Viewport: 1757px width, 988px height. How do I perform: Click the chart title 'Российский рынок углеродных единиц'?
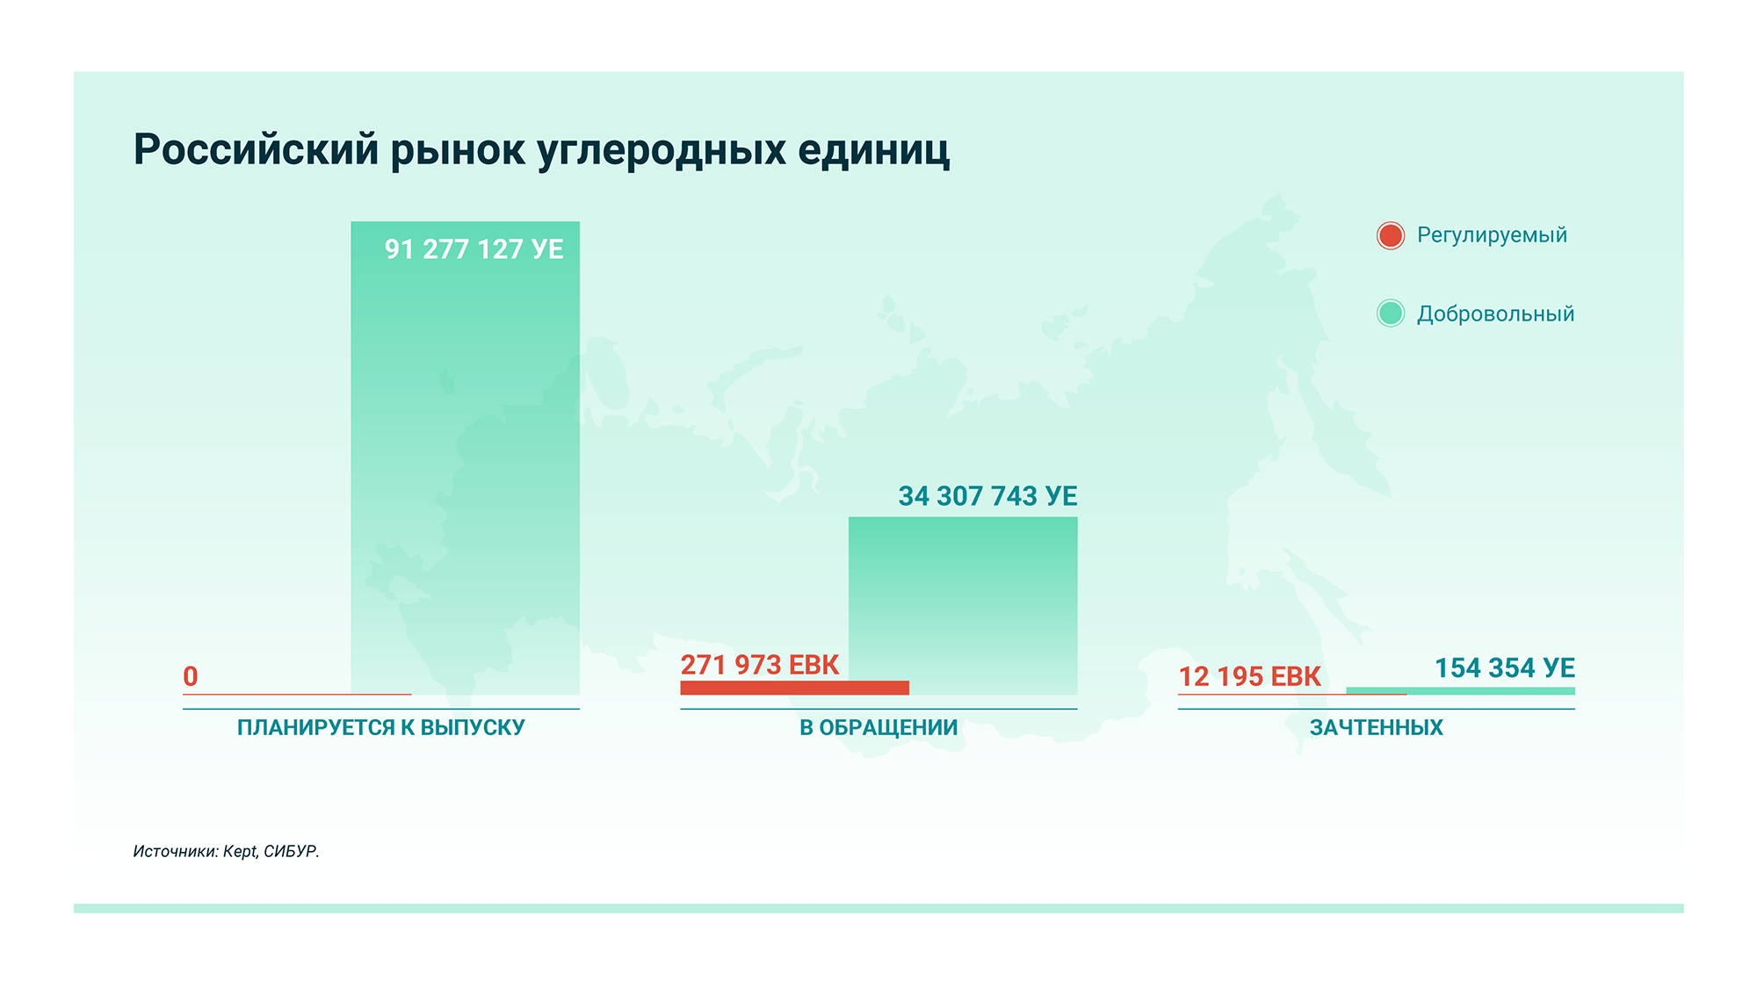tap(541, 149)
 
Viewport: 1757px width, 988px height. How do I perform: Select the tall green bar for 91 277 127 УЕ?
tap(465, 465)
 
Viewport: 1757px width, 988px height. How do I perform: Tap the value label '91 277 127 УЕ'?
tap(474, 249)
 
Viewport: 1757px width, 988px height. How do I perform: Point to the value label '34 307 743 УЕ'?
tap(987, 496)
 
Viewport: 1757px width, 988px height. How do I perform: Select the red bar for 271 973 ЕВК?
tap(794, 688)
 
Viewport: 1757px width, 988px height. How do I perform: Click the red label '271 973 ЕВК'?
tap(760, 665)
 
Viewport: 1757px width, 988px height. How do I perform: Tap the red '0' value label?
tap(191, 676)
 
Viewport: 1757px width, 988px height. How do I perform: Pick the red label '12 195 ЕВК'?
tap(1249, 676)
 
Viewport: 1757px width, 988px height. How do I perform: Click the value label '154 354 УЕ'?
tap(1505, 668)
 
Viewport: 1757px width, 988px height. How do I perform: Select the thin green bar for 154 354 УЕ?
tap(1460, 691)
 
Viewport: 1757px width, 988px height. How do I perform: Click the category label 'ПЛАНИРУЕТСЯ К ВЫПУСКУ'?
tap(381, 727)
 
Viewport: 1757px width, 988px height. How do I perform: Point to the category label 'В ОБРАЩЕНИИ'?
tap(878, 727)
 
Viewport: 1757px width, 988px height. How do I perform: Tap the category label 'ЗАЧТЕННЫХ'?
tap(1376, 727)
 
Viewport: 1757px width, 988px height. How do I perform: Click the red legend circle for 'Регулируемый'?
tap(1390, 235)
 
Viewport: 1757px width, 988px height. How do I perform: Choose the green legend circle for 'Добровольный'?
tap(1390, 314)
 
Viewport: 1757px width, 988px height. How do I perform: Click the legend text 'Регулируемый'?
tap(1492, 235)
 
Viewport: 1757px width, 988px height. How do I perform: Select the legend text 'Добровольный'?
tap(1495, 314)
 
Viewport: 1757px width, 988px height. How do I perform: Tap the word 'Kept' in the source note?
tap(240, 851)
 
